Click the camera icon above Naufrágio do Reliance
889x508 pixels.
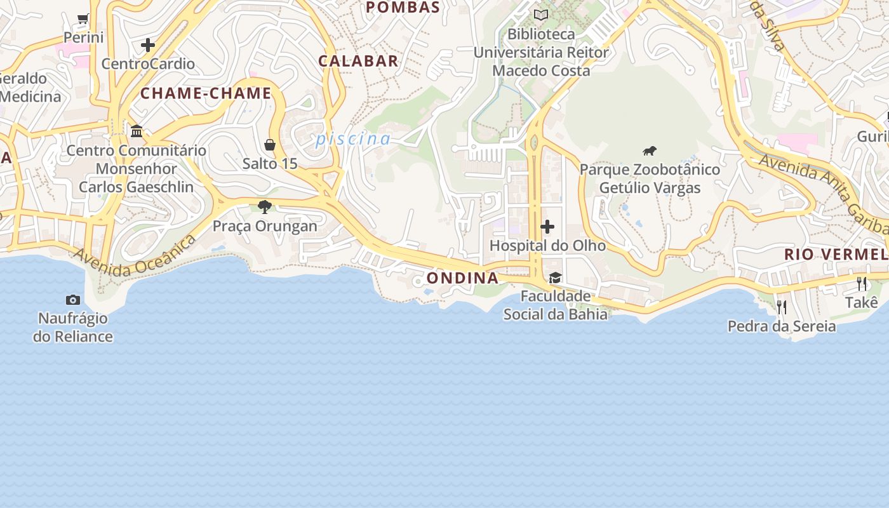(73, 300)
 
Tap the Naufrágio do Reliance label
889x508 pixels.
(73, 327)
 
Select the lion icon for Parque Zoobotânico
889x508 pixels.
(649, 151)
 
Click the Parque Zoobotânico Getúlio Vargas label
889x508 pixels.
(650, 178)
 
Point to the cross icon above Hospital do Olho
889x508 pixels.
(547, 227)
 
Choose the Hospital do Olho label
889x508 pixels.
(547, 245)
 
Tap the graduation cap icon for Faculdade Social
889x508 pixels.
(555, 277)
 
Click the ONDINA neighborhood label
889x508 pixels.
(462, 278)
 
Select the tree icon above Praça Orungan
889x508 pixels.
(265, 206)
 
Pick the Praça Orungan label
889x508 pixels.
(265, 226)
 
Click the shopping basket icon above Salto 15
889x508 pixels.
(270, 145)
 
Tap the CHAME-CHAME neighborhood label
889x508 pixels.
(206, 93)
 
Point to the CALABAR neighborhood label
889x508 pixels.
(358, 61)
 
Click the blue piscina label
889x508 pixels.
(353, 138)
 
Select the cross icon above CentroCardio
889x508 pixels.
(148, 45)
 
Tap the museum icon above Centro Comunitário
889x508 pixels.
(137, 131)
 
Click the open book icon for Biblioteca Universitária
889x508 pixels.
(541, 15)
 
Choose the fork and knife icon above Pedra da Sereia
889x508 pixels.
(782, 307)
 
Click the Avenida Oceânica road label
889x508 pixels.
(134, 257)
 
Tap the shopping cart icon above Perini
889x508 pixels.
(83, 18)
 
